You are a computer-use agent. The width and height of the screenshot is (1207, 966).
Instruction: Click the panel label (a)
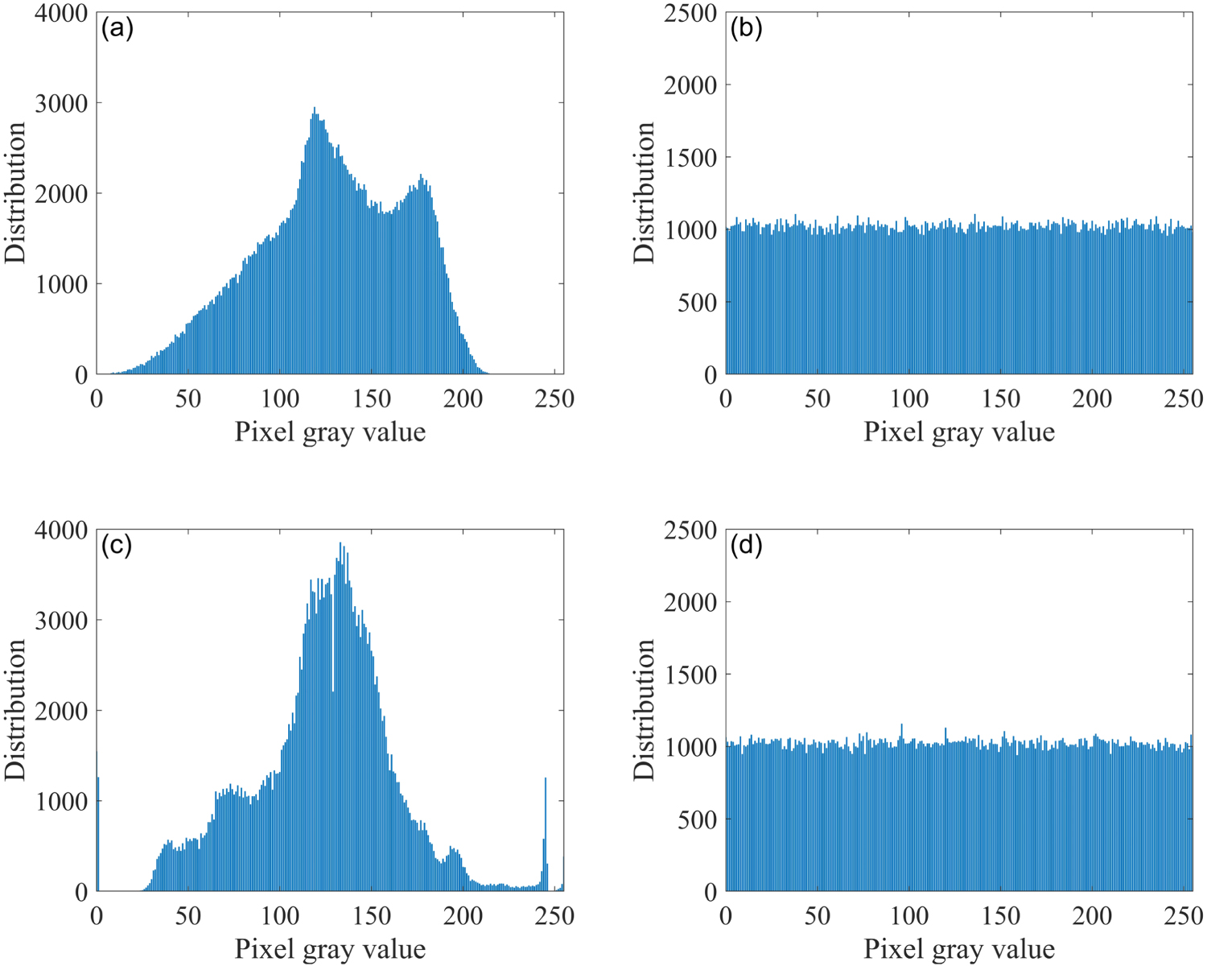[x=117, y=29]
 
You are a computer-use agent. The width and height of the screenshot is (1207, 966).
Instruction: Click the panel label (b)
[x=746, y=29]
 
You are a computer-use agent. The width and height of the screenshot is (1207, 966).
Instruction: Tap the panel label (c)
[x=117, y=546]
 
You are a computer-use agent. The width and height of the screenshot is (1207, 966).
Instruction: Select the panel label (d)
[x=746, y=546]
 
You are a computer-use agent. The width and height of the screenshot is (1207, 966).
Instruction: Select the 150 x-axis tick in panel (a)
[x=372, y=398]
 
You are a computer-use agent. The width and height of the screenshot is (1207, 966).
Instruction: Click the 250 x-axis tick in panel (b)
[x=1184, y=398]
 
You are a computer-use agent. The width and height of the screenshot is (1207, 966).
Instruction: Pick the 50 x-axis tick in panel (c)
[x=188, y=915]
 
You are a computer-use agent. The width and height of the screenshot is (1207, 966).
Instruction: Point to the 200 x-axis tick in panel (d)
[x=1093, y=915]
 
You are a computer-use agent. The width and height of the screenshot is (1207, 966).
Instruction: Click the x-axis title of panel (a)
[x=330, y=432]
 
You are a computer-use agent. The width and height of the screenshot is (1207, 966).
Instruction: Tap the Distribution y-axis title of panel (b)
[x=645, y=193]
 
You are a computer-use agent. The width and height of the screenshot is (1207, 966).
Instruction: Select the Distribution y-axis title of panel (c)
[x=15, y=710]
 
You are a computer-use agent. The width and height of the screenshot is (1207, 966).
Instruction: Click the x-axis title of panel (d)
[x=959, y=949]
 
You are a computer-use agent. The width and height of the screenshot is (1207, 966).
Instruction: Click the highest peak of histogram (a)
[x=315, y=109]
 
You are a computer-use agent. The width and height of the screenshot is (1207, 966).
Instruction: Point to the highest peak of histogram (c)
[x=340, y=544]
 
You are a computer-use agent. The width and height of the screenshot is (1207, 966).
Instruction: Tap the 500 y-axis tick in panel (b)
[x=698, y=303]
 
